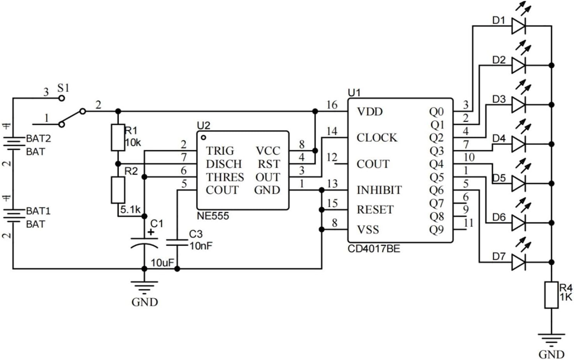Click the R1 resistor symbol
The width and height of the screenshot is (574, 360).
(x=118, y=137)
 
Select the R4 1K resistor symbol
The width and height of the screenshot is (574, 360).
(x=551, y=295)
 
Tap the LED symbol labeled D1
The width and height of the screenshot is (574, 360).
(x=519, y=26)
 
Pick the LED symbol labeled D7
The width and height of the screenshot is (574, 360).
(x=519, y=262)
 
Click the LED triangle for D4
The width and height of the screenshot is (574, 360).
(x=519, y=144)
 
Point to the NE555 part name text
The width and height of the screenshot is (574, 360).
(x=213, y=216)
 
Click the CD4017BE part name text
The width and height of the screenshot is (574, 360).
(x=374, y=249)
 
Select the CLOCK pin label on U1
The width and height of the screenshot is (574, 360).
(x=377, y=138)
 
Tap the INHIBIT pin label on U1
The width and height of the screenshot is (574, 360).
(x=379, y=190)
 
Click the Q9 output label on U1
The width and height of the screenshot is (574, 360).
(x=436, y=230)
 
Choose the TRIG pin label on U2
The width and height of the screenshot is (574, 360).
(x=220, y=151)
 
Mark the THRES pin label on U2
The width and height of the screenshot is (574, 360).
(x=225, y=177)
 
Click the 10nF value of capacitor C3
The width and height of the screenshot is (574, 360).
(x=201, y=246)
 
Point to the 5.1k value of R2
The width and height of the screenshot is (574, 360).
(x=130, y=209)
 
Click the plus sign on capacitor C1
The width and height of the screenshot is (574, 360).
(x=151, y=232)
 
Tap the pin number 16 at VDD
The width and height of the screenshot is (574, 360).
(x=332, y=105)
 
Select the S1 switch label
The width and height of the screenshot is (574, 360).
(x=63, y=88)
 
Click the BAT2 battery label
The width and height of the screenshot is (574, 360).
(x=38, y=138)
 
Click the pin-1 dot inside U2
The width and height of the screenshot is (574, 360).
(x=203, y=138)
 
